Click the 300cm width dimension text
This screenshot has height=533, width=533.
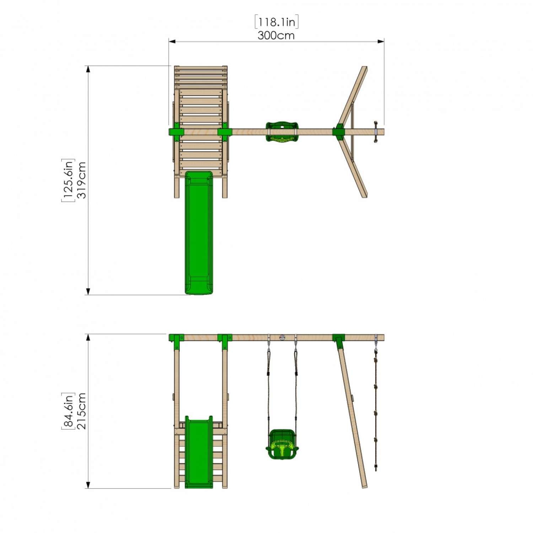[276, 36]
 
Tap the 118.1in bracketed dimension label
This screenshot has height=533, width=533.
[276, 22]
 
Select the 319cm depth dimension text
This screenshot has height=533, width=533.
[82, 180]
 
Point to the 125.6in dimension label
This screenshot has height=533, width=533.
[68, 180]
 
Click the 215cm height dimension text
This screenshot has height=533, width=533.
[82, 411]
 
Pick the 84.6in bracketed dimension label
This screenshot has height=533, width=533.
[68, 411]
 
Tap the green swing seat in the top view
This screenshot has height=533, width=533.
[282, 132]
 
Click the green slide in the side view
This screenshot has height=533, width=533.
[199, 451]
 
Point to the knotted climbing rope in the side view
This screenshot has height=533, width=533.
[376, 412]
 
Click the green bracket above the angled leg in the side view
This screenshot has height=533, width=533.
[339, 340]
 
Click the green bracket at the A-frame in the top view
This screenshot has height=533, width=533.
[338, 132]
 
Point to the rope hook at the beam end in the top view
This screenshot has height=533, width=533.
[375, 132]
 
